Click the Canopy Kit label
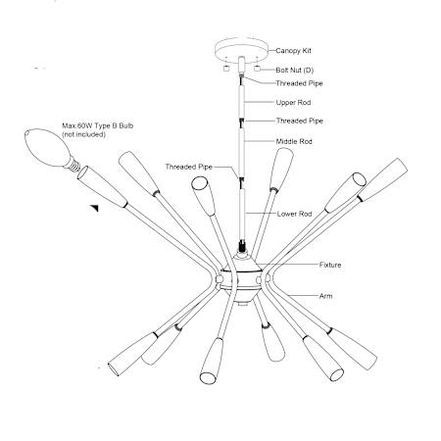click(x=293, y=51)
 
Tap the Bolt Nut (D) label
click(x=294, y=70)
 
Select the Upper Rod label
click(x=293, y=102)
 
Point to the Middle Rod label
click(x=294, y=141)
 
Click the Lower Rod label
click(x=294, y=214)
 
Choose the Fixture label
click(x=330, y=265)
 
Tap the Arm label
click(x=325, y=296)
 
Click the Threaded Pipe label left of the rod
click(x=188, y=167)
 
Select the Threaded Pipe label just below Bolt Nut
click(x=299, y=83)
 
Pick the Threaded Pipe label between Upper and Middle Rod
click(x=299, y=121)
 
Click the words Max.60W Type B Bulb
click(x=98, y=125)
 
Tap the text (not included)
click(x=83, y=134)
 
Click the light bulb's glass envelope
click(x=47, y=147)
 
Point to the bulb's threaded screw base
click(x=73, y=164)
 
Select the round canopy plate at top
click(x=241, y=50)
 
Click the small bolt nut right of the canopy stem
click(x=258, y=69)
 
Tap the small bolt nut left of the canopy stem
click(x=225, y=69)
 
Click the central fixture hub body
click(x=241, y=277)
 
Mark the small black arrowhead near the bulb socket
click(x=94, y=208)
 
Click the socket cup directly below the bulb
click(x=102, y=186)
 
